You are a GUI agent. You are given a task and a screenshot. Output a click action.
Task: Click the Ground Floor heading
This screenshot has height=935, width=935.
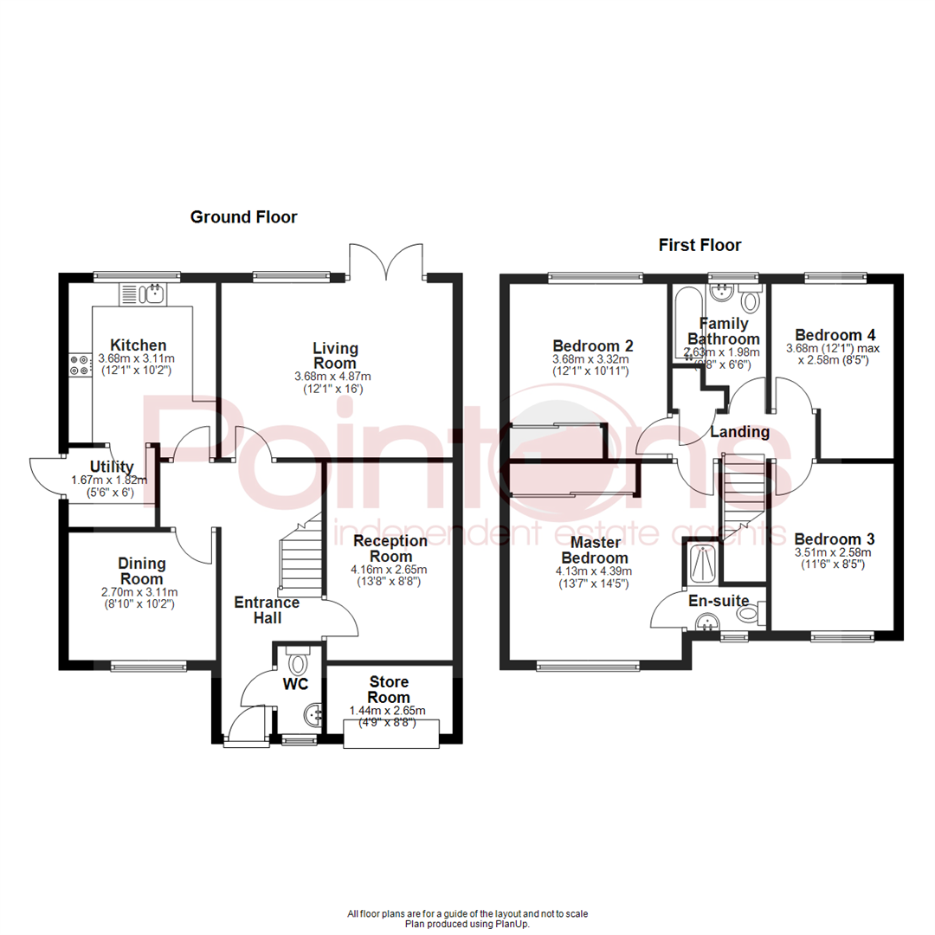243,217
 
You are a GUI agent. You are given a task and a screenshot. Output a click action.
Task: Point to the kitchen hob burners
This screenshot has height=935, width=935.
80,365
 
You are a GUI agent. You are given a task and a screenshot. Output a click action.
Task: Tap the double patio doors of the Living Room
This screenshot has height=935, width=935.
386,261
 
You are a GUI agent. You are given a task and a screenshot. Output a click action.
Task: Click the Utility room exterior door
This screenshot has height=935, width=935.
46,474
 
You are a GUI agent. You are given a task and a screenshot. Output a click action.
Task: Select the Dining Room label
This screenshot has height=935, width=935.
140,571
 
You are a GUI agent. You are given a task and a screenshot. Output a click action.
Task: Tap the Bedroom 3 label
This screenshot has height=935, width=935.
829,537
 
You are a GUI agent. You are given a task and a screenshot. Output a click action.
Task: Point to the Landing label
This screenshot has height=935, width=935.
740,432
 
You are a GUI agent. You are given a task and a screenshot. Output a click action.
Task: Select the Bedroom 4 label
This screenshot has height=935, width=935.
829,335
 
